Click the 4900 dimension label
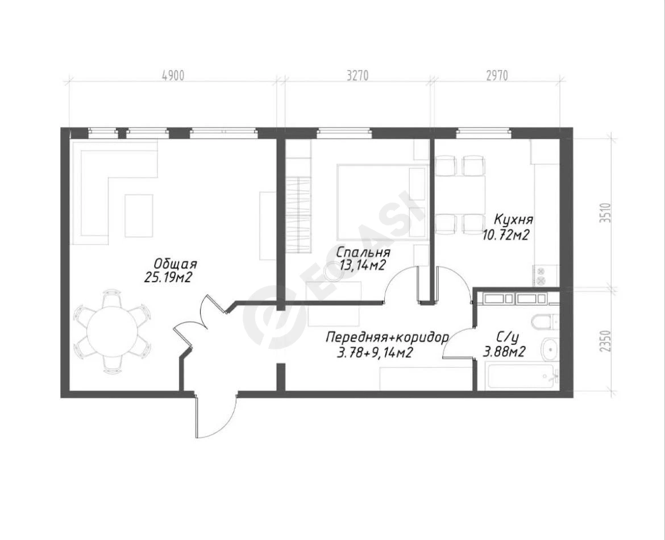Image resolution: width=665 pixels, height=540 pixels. [x=173, y=76]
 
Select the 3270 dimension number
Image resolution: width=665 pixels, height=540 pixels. [x=358, y=76]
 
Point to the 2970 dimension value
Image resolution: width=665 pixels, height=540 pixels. [x=497, y=76]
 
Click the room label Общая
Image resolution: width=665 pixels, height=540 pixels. [x=175, y=264]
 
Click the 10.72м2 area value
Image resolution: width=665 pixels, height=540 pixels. [x=505, y=234]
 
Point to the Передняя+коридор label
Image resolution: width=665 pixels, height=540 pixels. [x=387, y=338]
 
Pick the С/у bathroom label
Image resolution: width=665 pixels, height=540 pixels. [x=508, y=338]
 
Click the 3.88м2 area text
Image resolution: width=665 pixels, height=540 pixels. [x=505, y=352]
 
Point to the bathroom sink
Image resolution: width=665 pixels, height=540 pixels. [x=551, y=349]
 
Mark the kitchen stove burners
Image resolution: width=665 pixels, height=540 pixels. [x=541, y=275]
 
